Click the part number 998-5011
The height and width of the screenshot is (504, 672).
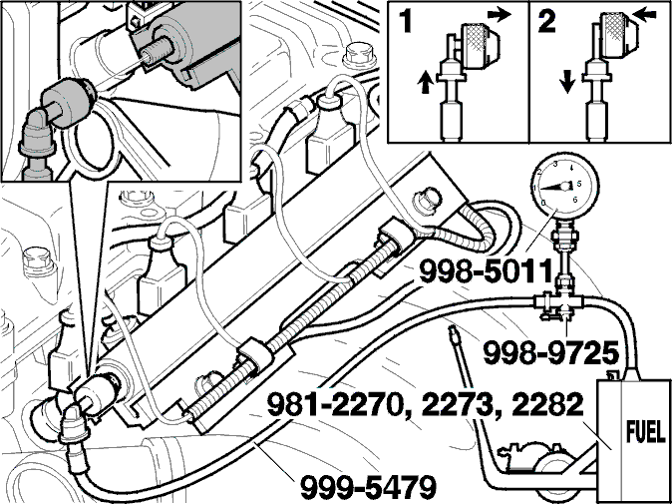[x=486, y=271]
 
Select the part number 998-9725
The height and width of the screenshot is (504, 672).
[x=551, y=353]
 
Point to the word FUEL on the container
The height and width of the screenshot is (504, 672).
[x=646, y=433]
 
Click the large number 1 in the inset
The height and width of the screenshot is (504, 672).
[x=404, y=21]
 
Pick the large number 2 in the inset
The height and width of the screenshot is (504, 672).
[x=547, y=21]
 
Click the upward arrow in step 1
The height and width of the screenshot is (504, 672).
[x=425, y=83]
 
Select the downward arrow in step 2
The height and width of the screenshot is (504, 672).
[x=567, y=83]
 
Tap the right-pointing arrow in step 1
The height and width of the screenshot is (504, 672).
[x=500, y=15]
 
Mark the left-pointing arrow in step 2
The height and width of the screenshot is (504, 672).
[x=644, y=15]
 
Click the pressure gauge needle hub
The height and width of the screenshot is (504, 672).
[x=565, y=186]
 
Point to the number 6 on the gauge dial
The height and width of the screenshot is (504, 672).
[x=575, y=199]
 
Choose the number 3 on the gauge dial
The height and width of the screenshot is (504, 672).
[x=555, y=164]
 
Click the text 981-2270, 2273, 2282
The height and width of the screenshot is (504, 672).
[x=425, y=406]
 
